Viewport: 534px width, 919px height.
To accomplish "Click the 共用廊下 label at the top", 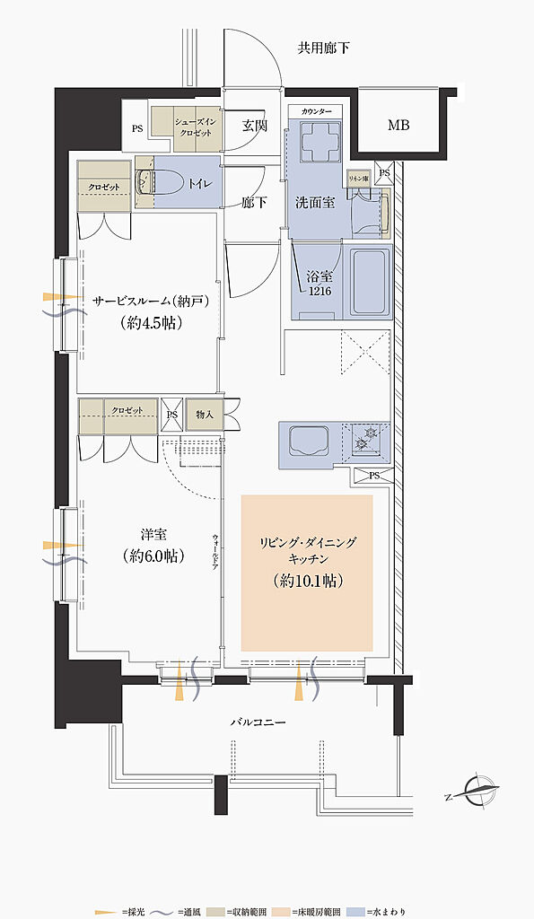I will (x=323, y=48).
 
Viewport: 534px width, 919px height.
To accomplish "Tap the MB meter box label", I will (x=398, y=125).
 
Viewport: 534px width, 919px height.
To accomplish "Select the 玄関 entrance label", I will (x=255, y=127).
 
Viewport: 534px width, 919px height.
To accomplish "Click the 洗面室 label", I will (x=315, y=202).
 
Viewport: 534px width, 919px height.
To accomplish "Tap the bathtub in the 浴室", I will (x=369, y=281).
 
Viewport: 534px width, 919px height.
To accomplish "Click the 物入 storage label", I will (x=206, y=414).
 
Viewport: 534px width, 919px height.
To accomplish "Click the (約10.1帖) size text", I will (x=306, y=581).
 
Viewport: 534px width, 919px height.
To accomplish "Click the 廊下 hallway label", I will (x=255, y=203).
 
